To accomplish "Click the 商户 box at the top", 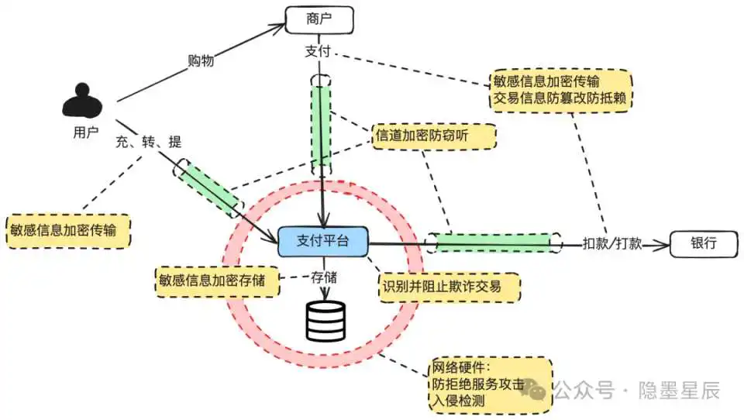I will (x=319, y=19).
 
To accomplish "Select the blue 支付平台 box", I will (x=323, y=242).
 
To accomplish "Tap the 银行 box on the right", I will (x=704, y=243).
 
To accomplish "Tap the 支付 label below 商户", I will (x=319, y=50).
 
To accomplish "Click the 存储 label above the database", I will (x=324, y=277).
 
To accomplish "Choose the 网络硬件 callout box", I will (x=490, y=384).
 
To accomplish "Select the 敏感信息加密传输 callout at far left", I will (x=68, y=229).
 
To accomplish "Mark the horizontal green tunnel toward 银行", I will (x=494, y=243).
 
